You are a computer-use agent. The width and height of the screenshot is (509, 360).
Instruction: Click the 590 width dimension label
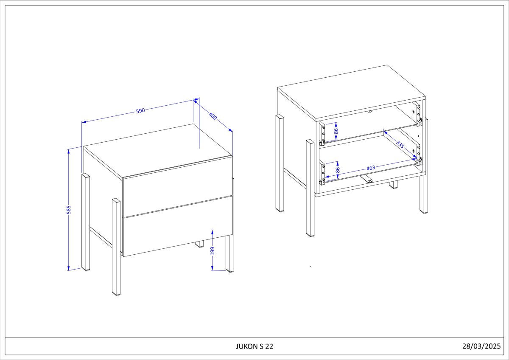[140, 111]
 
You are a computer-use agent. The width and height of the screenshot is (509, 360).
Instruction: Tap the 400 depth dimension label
[213, 116]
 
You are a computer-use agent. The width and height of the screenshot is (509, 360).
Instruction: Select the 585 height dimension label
[69, 210]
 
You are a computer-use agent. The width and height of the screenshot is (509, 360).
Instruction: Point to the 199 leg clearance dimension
[213, 251]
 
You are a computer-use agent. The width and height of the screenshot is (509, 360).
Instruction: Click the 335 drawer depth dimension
[400, 144]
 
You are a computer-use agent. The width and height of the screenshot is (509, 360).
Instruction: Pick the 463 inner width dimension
[371, 168]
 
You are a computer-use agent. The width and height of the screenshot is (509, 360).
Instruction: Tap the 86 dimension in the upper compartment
[336, 131]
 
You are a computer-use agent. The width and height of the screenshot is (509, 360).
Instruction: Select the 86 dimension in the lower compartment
[338, 170]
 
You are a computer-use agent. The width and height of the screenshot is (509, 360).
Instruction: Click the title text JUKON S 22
[254, 346]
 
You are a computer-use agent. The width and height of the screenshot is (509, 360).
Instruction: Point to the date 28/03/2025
[481, 346]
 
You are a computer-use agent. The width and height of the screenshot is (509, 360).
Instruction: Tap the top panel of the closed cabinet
[158, 151]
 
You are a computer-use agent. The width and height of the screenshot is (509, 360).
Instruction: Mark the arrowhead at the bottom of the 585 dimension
[68, 269]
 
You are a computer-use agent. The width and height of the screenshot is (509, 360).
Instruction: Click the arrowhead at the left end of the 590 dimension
[84, 122]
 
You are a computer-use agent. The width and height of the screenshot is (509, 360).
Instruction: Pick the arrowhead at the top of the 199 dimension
[212, 232]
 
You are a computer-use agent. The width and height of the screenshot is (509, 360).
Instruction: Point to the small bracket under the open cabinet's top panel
[370, 111]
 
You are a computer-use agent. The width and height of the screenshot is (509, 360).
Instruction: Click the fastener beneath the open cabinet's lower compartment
[367, 179]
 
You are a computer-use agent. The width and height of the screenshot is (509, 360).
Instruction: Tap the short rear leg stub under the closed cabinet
[199, 244]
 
